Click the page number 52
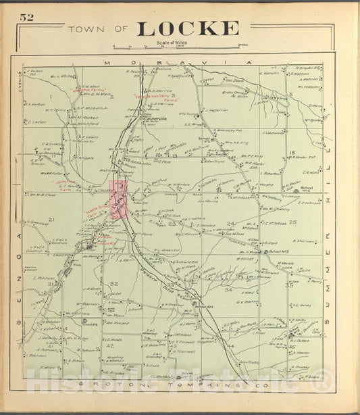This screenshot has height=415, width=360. click(x=26, y=18)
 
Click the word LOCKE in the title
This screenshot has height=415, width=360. click(x=188, y=28)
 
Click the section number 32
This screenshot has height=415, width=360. click(x=114, y=283)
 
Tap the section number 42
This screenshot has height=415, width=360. click(x=109, y=345)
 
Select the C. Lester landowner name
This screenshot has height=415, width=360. click(x=35, y=122)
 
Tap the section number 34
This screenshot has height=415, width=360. click(x=228, y=289)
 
